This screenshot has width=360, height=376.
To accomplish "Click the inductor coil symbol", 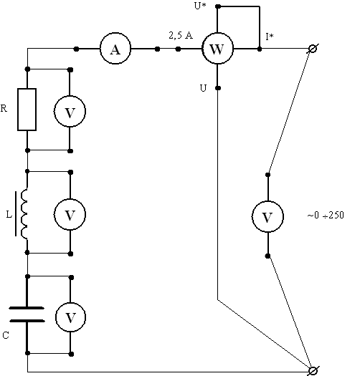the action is coord(24,214).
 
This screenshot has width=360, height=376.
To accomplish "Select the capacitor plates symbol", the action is coord(27,314).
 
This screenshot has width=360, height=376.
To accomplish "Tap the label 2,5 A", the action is coord(181,36).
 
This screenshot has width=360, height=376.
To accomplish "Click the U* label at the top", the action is coord(200,6).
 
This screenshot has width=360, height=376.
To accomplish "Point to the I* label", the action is coord(270,37).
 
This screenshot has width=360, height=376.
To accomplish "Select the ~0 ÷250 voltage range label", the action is coord(326,215).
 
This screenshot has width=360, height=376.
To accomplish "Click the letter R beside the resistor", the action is coord(4,108).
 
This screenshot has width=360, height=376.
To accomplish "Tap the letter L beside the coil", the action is coord(9,214).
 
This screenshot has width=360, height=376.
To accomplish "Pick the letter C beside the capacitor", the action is coord(6,335).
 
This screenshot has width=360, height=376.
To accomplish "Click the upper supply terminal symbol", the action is coord(313,49).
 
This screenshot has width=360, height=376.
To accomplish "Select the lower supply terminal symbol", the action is coord(313,371).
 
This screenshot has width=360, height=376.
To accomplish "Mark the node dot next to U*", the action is coord(218,6).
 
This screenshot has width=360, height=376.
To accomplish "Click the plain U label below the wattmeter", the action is coord(203,88).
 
